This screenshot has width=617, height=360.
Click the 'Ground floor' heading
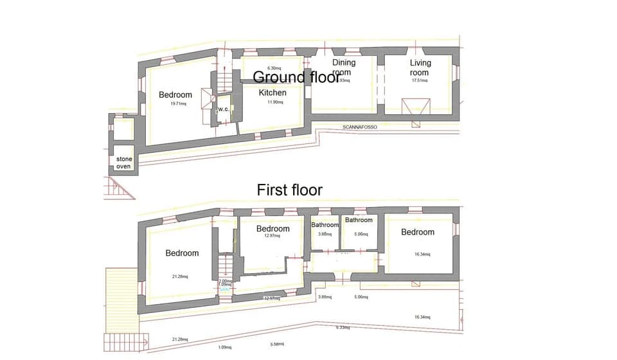[x=296, y=77]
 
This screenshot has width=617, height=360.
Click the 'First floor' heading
[x=290, y=190]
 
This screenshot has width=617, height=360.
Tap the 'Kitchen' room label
[x=273, y=93]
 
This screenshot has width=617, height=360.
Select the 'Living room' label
[x=420, y=67]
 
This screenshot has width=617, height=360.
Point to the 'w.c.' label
[x=224, y=109]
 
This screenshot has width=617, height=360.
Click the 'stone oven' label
[x=123, y=163]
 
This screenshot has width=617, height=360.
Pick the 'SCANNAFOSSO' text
[x=360, y=127]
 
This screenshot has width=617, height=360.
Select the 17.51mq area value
[x=419, y=80]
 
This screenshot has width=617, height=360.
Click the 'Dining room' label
[x=344, y=67]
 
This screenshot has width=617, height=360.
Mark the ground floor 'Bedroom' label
[x=175, y=95]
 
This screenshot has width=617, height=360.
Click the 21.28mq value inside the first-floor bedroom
[x=180, y=276]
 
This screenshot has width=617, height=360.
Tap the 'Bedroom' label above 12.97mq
[x=273, y=229]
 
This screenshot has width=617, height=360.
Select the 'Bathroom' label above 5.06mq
[x=359, y=221]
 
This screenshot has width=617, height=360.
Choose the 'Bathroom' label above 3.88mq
[x=325, y=225]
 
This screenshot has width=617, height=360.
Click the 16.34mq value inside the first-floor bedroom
[x=422, y=254]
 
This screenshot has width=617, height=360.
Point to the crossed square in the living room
[x=415, y=107]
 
